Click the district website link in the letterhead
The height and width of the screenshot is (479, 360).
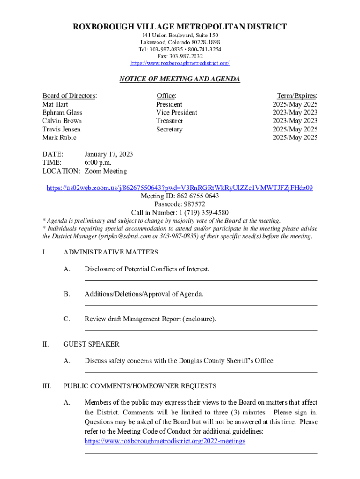180,63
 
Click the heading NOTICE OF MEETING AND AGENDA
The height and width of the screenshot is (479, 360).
180,80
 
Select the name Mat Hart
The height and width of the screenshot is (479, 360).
55,104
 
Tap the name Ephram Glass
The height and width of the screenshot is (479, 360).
62,113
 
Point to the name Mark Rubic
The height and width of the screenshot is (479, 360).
59,138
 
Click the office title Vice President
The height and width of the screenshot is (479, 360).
176,113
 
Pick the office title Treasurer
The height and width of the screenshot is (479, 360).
169,121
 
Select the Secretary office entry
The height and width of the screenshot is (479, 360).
169,130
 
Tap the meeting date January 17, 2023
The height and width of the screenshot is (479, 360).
108,154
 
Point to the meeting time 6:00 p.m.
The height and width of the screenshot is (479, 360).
98,162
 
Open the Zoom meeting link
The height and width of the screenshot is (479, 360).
180,188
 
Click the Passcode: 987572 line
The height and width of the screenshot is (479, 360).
180,204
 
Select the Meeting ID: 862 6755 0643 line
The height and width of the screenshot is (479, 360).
180,196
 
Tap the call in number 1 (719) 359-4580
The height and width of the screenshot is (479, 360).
196,213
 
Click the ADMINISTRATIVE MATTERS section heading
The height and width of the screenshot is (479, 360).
111,253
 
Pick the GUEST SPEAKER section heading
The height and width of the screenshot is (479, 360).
91,344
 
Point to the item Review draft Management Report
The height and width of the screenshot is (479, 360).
150,319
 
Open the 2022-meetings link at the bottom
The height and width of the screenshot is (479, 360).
165,441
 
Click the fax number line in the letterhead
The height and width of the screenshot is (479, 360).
180,56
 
